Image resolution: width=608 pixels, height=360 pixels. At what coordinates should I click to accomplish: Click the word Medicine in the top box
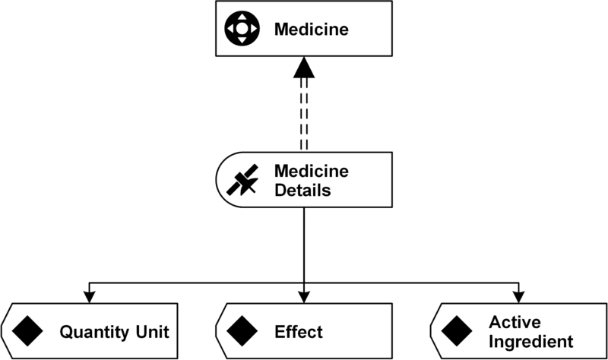pyautogui.click(x=312, y=30)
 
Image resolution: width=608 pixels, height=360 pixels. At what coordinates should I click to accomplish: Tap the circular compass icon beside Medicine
pyautogui.click(x=241, y=30)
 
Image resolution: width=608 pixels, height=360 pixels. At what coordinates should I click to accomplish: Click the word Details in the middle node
pyautogui.click(x=302, y=190)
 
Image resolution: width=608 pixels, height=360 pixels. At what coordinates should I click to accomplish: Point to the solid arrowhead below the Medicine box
pyautogui.click(x=304, y=70)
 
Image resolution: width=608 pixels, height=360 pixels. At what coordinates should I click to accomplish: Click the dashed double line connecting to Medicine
pyautogui.click(x=304, y=114)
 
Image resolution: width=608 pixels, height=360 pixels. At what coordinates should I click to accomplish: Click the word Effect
pyautogui.click(x=299, y=332)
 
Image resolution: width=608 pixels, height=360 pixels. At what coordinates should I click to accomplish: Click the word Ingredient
pyautogui.click(x=530, y=342)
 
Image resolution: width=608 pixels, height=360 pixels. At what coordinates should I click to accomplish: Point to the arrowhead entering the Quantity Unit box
pyautogui.click(x=90, y=298)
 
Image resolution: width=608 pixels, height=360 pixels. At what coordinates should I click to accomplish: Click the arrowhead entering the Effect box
pyautogui.click(x=304, y=298)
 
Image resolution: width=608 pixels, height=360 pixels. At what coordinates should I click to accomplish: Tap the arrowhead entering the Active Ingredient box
pyautogui.click(x=518, y=298)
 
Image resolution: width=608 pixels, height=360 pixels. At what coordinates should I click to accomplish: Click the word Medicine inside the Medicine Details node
pyautogui.click(x=311, y=171)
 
